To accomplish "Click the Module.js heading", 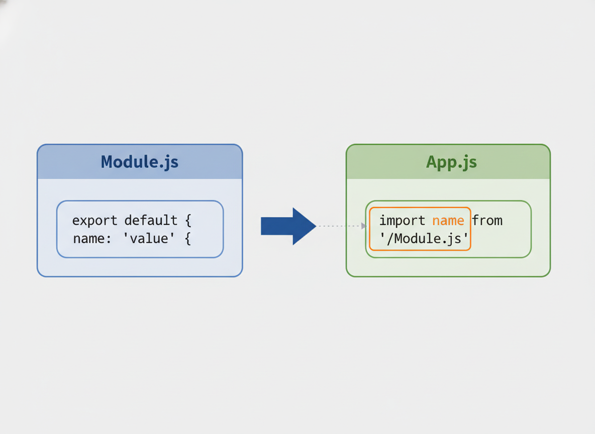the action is pyautogui.click(x=139, y=162).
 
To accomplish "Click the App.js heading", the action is pyautogui.click(x=451, y=162).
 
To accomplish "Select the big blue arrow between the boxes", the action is pyautogui.click(x=288, y=226).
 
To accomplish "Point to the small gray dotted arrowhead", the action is pyautogui.click(x=364, y=226).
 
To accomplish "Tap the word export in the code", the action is pyautogui.click(x=94, y=221).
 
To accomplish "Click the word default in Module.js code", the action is pyautogui.click(x=151, y=220).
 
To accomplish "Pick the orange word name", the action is pyautogui.click(x=448, y=221).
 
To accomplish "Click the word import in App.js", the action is pyautogui.click(x=402, y=221).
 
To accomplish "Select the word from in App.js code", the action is pyautogui.click(x=487, y=220).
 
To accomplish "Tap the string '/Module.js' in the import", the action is pyautogui.click(x=424, y=239).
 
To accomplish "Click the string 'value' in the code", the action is pyautogui.click(x=149, y=238).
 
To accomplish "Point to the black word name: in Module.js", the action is pyautogui.click(x=92, y=239).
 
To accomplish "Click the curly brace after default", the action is pyautogui.click(x=188, y=221).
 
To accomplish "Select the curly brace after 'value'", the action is pyautogui.click(x=187, y=239).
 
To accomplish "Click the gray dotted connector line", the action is pyautogui.click(x=340, y=226).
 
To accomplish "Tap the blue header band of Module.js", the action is pyautogui.click(x=140, y=162).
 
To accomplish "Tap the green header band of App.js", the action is pyautogui.click(x=448, y=162).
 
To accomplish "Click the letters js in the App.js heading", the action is pyautogui.click(x=469, y=163).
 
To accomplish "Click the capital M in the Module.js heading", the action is pyautogui.click(x=108, y=162).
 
